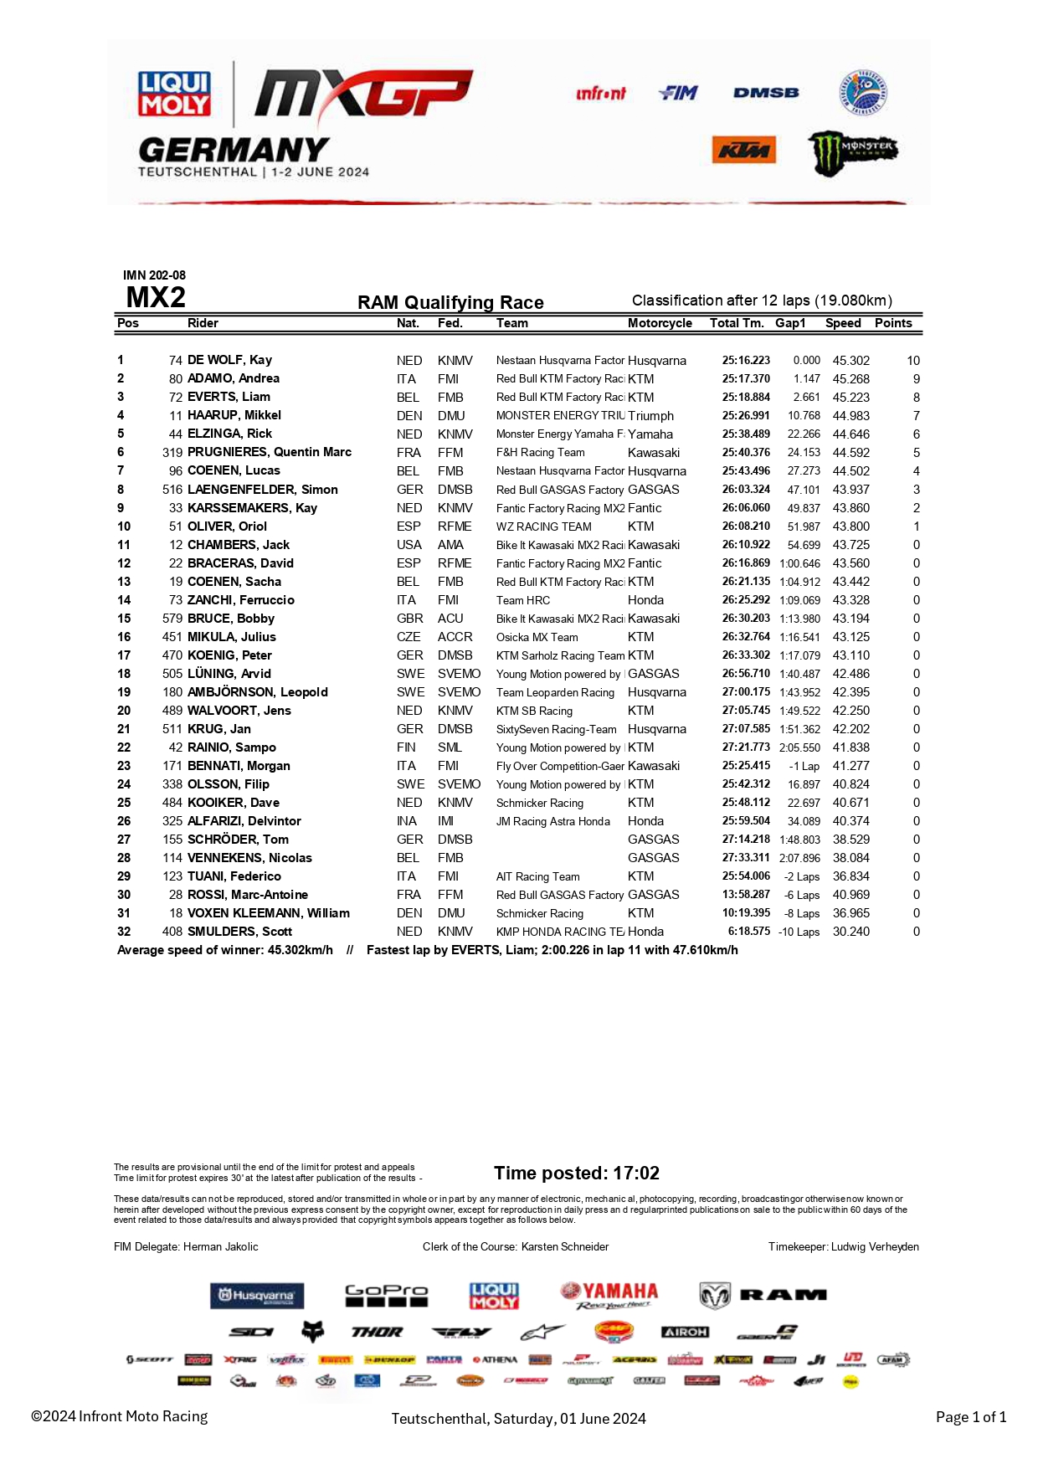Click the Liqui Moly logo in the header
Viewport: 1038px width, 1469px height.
point(174,94)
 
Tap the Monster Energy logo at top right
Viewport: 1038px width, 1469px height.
point(851,152)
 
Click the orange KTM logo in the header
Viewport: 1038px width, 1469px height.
point(743,151)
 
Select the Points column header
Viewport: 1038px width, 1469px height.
point(893,323)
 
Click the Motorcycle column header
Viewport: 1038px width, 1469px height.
point(660,323)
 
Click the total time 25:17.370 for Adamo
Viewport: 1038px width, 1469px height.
point(746,378)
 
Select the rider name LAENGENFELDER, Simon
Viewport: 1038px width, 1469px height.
point(262,490)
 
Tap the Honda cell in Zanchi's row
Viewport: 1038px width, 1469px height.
point(645,600)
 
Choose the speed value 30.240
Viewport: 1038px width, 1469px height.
point(850,932)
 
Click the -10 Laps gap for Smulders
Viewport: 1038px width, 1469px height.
point(799,932)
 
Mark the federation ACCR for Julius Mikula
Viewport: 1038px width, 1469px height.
point(455,637)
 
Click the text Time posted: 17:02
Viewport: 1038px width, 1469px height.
point(576,1173)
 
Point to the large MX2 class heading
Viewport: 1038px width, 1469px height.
point(156,297)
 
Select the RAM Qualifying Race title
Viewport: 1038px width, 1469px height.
point(450,302)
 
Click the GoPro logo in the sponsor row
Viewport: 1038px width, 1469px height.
point(386,1295)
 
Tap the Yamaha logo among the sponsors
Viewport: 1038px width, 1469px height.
point(610,1295)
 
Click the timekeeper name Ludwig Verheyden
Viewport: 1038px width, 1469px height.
point(875,1246)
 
